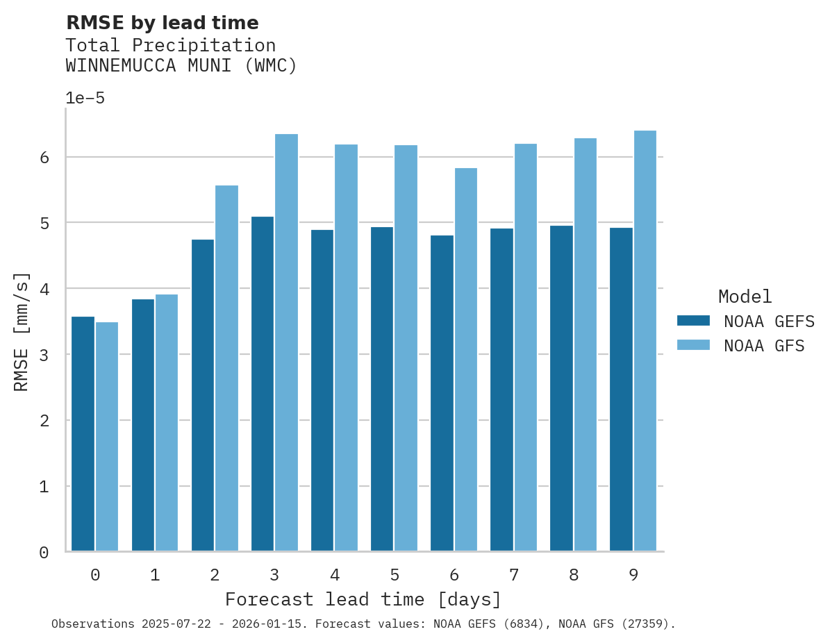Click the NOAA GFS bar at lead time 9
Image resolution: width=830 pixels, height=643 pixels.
click(645, 341)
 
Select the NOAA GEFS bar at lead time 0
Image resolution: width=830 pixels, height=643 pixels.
click(83, 434)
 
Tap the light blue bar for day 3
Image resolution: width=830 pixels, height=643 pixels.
click(286, 343)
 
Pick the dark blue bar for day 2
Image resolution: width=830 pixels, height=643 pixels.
click(202, 395)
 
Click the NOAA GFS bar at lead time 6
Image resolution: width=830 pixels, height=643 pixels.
click(465, 360)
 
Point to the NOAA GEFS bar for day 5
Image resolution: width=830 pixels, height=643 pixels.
click(382, 389)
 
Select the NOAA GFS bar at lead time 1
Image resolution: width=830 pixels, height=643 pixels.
click(167, 423)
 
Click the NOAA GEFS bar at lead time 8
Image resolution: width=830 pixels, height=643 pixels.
click(561, 388)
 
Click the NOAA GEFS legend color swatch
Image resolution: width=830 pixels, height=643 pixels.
click(693, 321)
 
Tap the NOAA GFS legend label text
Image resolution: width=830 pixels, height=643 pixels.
click(764, 346)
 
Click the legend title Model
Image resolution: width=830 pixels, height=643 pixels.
click(745, 297)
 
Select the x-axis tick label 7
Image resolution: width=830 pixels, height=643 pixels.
click(513, 575)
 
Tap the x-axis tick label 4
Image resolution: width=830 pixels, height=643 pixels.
click(334, 575)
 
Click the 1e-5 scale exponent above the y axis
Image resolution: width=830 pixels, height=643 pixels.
click(85, 99)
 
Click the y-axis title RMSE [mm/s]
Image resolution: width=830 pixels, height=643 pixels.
click(22, 332)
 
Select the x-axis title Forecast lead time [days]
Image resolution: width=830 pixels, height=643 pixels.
click(363, 599)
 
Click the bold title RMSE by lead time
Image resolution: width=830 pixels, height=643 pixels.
click(162, 23)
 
